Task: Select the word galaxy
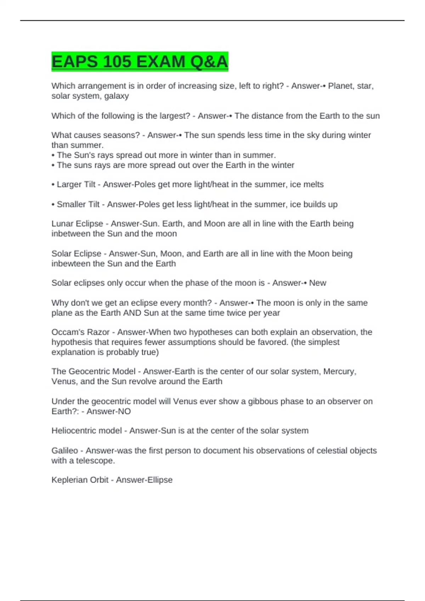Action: coord(117,96)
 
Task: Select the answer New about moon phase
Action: coord(318,283)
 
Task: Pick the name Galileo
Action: coord(64,451)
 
